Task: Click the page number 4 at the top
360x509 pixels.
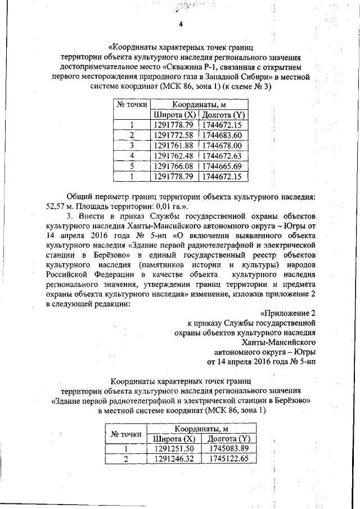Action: pyautogui.click(x=181, y=24)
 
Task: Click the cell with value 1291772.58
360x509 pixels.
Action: pyautogui.click(x=173, y=135)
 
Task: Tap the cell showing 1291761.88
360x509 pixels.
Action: pyautogui.click(x=173, y=146)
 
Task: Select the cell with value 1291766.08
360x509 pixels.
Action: pyautogui.click(x=173, y=166)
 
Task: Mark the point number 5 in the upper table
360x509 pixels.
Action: pyautogui.click(x=132, y=166)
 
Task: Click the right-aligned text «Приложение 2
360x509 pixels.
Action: pyautogui.click(x=285, y=313)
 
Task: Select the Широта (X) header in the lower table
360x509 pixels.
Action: pyautogui.click(x=174, y=439)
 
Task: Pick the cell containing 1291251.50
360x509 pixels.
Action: pyautogui.click(x=174, y=449)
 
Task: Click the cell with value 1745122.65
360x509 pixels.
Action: pyautogui.click(x=228, y=459)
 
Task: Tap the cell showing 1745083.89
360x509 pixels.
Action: pyautogui.click(x=228, y=449)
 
